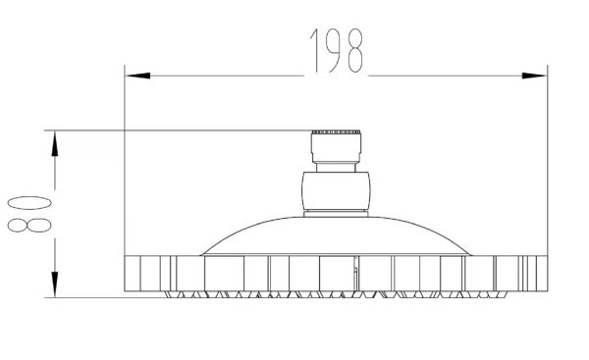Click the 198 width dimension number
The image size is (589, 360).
[337, 51]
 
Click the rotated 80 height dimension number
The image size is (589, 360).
[29, 214]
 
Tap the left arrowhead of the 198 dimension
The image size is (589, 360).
[137, 76]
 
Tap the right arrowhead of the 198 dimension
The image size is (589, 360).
[534, 76]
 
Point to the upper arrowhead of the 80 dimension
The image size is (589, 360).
[55, 143]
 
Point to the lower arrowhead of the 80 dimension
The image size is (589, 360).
[55, 284]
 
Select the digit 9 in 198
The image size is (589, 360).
[335, 51]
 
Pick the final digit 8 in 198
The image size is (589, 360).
[355, 51]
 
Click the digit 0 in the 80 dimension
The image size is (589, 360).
[29, 203]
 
